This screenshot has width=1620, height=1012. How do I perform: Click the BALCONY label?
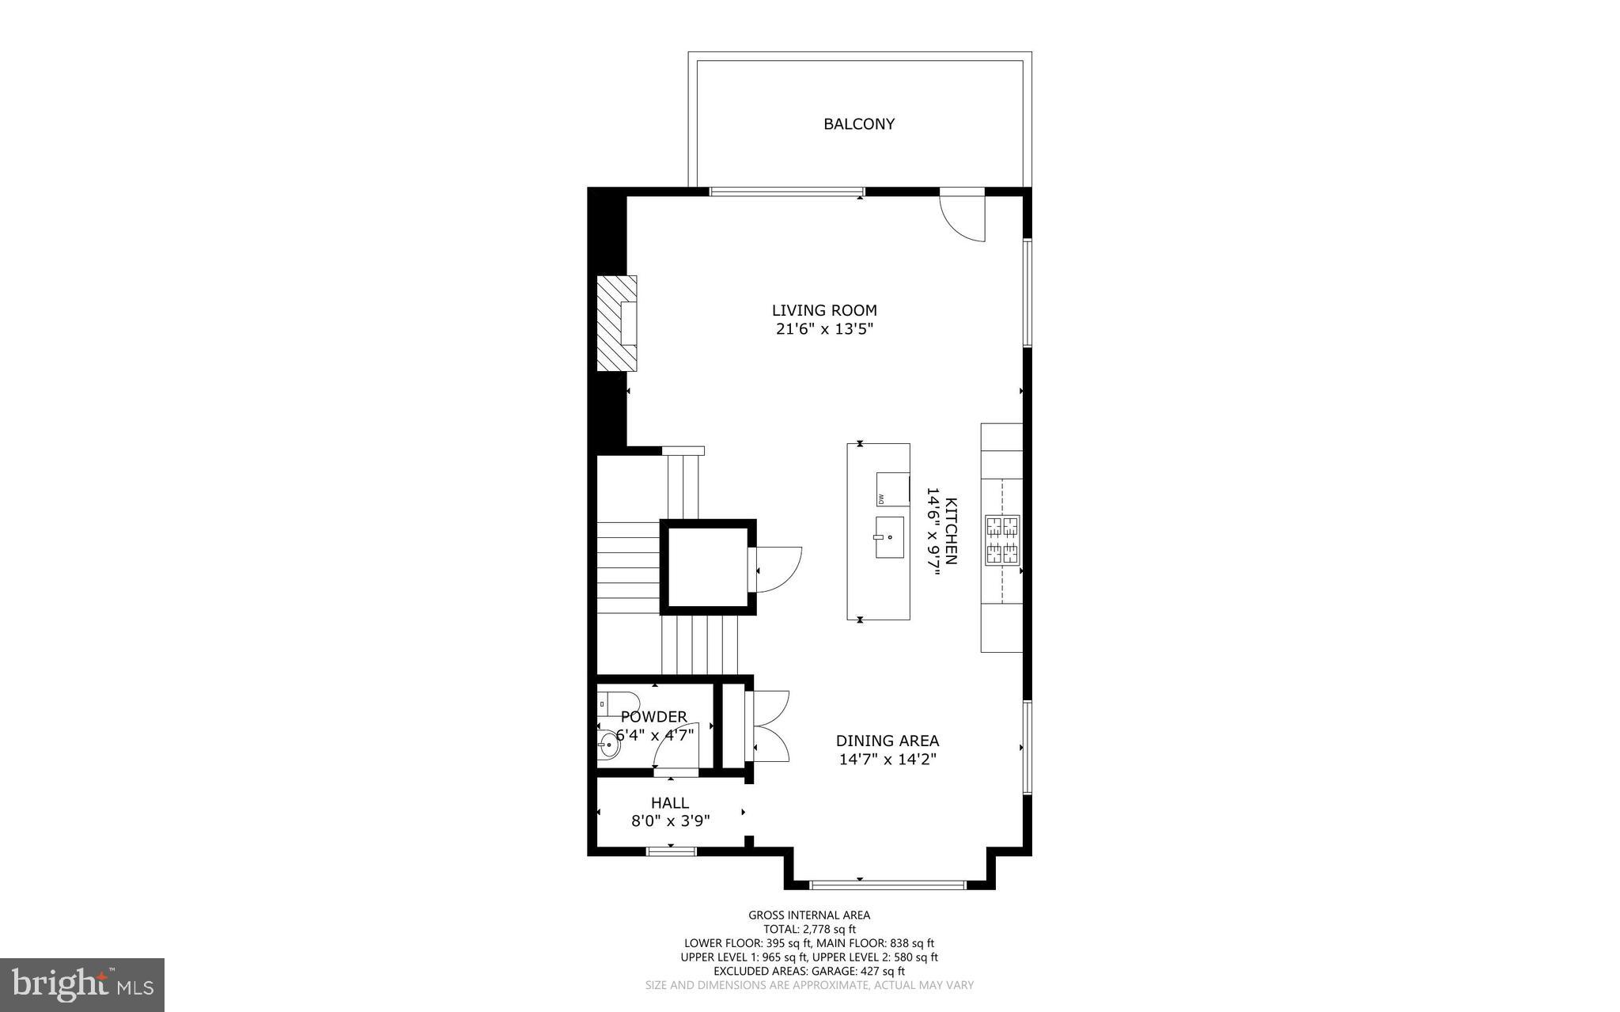tap(859, 124)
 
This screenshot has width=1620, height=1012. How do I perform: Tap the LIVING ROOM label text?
tap(824, 310)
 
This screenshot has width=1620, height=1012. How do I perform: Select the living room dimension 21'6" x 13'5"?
tap(824, 330)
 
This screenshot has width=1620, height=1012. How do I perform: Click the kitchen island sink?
tap(889, 537)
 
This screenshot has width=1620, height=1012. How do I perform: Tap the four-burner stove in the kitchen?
tap(1002, 540)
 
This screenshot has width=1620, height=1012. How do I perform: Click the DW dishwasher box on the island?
tap(891, 489)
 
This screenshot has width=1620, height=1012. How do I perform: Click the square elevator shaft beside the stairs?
tap(708, 567)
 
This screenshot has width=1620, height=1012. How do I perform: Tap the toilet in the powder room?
tap(619, 701)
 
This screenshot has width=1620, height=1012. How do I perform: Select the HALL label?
tap(670, 803)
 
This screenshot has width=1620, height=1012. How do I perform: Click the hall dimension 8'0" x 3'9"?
tap(670, 821)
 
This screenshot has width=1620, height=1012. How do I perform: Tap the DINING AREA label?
tap(888, 741)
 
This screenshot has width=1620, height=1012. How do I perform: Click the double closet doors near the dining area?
tap(771, 726)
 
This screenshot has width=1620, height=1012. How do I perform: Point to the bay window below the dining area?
tap(888, 884)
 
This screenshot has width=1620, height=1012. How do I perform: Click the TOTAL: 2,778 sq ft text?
tap(809, 930)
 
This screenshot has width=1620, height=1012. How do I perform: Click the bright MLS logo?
tap(82, 984)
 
